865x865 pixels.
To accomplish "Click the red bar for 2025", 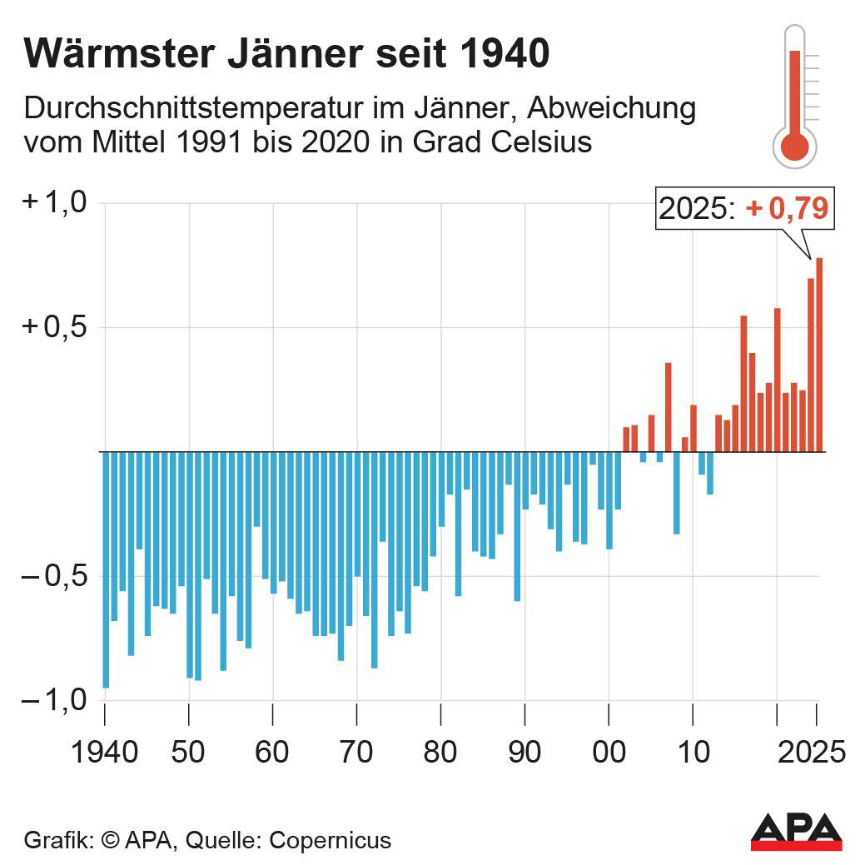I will click(x=819, y=355).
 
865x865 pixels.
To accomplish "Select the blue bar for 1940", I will click(x=106, y=569).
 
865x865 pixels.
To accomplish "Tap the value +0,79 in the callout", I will click(x=787, y=209).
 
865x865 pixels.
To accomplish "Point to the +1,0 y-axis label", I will click(x=55, y=203).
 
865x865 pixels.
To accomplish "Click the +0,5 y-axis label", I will click(x=55, y=327).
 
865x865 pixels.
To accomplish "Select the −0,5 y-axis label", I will click(x=55, y=576).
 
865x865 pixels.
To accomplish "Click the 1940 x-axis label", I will click(x=105, y=753).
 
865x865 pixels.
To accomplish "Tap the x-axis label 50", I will click(x=189, y=753).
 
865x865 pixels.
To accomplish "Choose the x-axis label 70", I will click(x=356, y=753).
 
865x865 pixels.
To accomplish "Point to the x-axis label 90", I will click(x=524, y=753).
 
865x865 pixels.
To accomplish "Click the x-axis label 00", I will click(x=609, y=753).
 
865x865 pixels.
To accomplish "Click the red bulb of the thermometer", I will click(x=794, y=147).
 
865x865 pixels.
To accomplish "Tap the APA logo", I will click(x=796, y=832).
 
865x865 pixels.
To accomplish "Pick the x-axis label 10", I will click(x=692, y=753).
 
